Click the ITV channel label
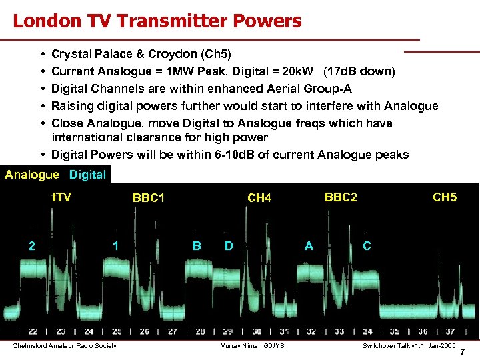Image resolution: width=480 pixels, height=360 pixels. point(62,197)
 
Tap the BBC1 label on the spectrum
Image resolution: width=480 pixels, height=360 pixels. point(149,198)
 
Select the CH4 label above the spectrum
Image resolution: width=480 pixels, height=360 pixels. point(259,198)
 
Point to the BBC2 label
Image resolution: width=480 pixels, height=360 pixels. point(341,197)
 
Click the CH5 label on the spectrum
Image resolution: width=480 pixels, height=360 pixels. point(445,197)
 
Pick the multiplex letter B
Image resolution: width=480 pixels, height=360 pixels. point(197,245)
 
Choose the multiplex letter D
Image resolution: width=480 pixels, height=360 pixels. point(229,245)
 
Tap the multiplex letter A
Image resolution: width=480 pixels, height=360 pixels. point(309,245)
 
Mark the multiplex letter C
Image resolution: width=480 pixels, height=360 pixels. point(367,245)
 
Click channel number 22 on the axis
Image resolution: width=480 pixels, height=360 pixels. point(33,331)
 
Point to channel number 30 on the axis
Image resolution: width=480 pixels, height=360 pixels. point(257,331)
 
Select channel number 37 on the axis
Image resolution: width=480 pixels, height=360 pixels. point(451,331)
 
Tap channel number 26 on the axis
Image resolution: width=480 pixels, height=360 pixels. point(145,331)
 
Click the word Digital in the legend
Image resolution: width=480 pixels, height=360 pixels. point(87,175)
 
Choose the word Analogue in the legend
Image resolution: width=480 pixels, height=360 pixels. point(32,175)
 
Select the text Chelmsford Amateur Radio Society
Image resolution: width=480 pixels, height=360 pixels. point(65,345)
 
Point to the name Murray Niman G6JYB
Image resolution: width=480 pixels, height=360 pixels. point(252,345)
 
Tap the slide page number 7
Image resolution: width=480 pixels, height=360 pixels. point(463,351)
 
